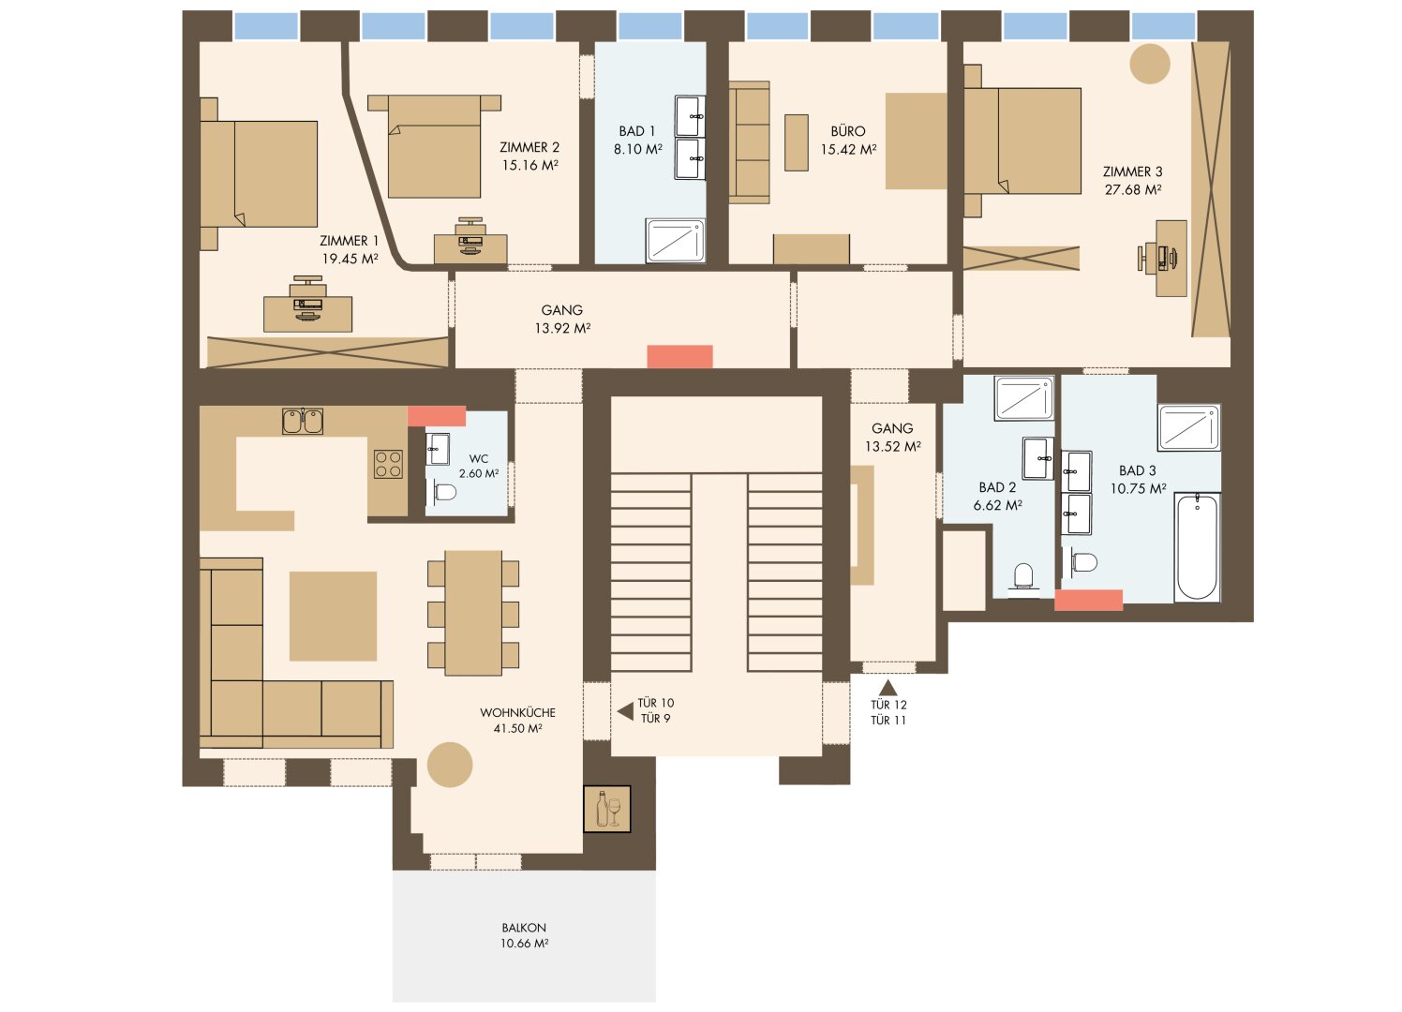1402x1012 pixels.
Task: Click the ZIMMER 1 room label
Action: tap(349, 241)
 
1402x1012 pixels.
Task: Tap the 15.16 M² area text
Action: tap(530, 165)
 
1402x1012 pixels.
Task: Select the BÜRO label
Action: tap(848, 131)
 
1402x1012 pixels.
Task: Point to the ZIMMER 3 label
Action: tap(1132, 171)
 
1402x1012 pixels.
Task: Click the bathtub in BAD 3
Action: tap(1197, 547)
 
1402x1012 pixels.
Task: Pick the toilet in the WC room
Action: tap(444, 493)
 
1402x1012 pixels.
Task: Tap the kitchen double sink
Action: tap(303, 421)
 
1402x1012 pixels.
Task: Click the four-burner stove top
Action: tap(388, 465)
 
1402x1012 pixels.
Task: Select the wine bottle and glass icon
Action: tap(607, 810)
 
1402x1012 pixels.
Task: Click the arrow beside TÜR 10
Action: tap(625, 711)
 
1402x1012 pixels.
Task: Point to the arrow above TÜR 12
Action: tap(888, 687)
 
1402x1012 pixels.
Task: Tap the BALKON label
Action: tap(524, 928)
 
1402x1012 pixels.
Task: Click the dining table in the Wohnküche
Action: tap(473, 613)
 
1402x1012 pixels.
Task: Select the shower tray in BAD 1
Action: tap(676, 240)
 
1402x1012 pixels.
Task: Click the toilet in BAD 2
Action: tap(1023, 576)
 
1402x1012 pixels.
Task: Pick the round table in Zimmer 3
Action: tap(1150, 64)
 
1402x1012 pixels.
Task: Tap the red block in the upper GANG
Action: tap(679, 356)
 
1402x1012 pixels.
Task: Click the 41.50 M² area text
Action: tap(517, 728)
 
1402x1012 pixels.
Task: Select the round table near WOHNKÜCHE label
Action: tap(450, 765)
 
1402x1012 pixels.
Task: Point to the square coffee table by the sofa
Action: tap(333, 616)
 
